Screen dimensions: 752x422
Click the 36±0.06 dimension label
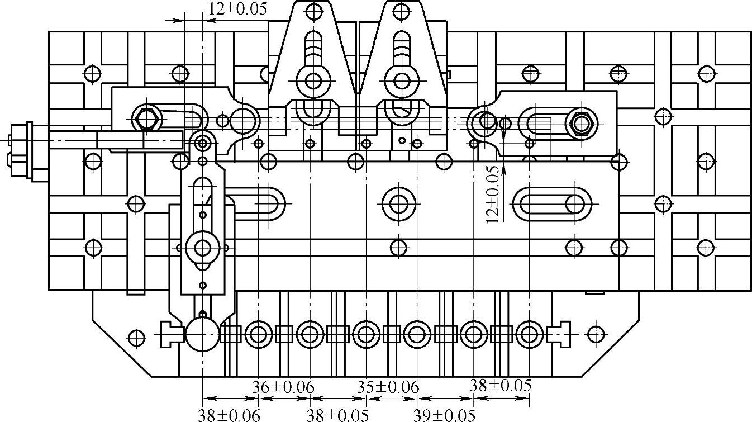(283, 386)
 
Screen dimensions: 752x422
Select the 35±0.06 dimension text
(388, 386)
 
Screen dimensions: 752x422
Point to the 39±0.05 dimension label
(444, 415)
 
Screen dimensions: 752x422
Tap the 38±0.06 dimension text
(229, 415)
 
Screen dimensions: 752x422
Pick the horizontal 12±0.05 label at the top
(237, 8)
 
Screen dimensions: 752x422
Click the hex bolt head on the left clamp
(147, 118)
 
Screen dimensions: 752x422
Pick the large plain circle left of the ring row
(202, 334)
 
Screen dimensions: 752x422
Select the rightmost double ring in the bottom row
(528, 334)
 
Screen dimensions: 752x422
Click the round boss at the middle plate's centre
(398, 203)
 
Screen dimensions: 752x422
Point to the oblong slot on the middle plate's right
(552, 203)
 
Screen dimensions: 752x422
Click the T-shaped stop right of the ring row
(558, 334)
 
